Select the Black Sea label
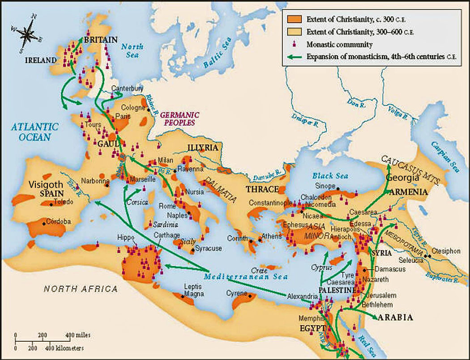(x=330, y=176)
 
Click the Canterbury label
(x=127, y=89)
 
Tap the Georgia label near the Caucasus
(x=402, y=178)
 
